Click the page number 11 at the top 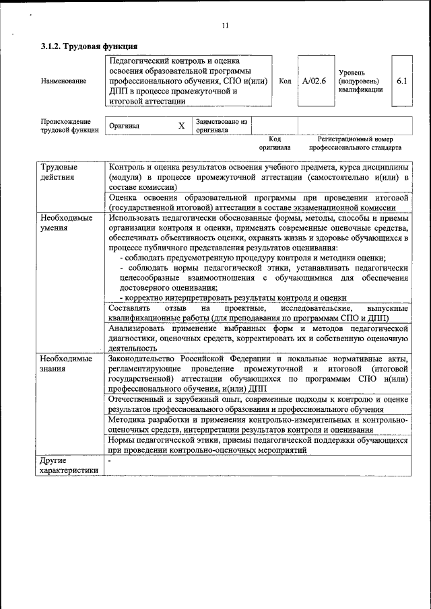click(x=225, y=26)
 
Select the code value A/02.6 click(x=314, y=81)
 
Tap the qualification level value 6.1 click(x=402, y=81)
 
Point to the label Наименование click(x=63, y=81)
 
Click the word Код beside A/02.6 click(x=285, y=81)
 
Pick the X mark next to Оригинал click(x=181, y=126)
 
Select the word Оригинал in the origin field click(x=125, y=126)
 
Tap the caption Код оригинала click(x=275, y=143)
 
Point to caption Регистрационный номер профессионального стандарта click(x=355, y=143)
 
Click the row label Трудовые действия click(x=59, y=172)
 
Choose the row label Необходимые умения click(x=66, y=223)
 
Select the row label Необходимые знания click(x=66, y=363)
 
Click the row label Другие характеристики click(x=69, y=465)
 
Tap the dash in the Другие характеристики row click(x=110, y=460)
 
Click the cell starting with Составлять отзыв click(x=258, y=313)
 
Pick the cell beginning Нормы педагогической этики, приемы click(x=258, y=444)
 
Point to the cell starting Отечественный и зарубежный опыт click(x=258, y=404)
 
